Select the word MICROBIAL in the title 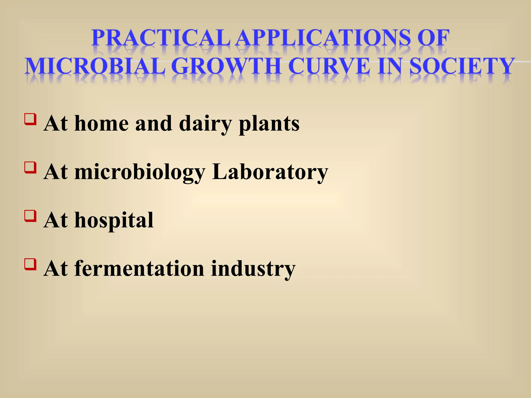tap(95, 66)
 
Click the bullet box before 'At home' tap(30, 119)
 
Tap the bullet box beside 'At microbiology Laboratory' tap(30, 167)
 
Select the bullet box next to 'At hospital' tap(30, 216)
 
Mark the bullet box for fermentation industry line tap(30, 264)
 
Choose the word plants tap(269, 124)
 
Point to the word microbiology tap(140, 172)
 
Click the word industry tap(253, 269)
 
